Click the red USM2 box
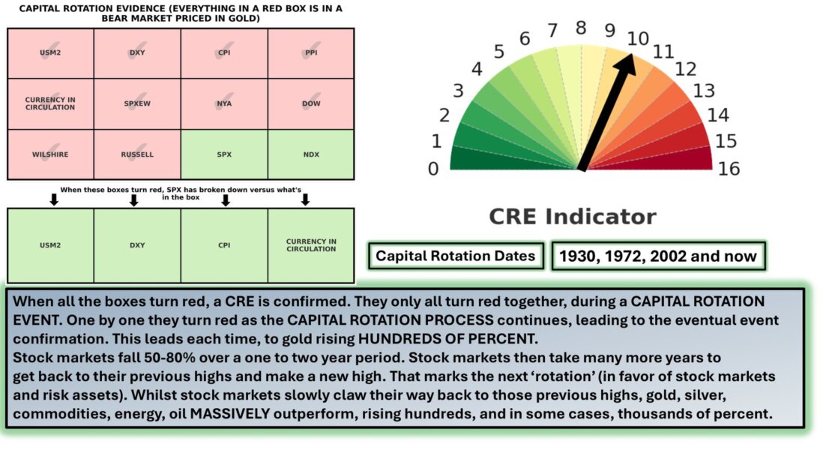pos(50,53)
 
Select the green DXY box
pos(137,245)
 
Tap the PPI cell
pos(311,53)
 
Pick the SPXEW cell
pos(137,103)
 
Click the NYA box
pos(224,103)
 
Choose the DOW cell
pos(311,103)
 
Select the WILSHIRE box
pos(50,154)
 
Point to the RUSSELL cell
pos(137,154)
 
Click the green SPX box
pos(224,154)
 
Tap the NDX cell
pos(311,154)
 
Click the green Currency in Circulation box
pos(311,245)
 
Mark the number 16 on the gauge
pos(729,169)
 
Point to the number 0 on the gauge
pos(433,169)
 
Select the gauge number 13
pos(704,91)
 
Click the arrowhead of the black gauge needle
pos(626,63)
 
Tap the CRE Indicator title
pos(573,217)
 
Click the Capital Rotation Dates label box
pos(456,256)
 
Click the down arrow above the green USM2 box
pos(53,199)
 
